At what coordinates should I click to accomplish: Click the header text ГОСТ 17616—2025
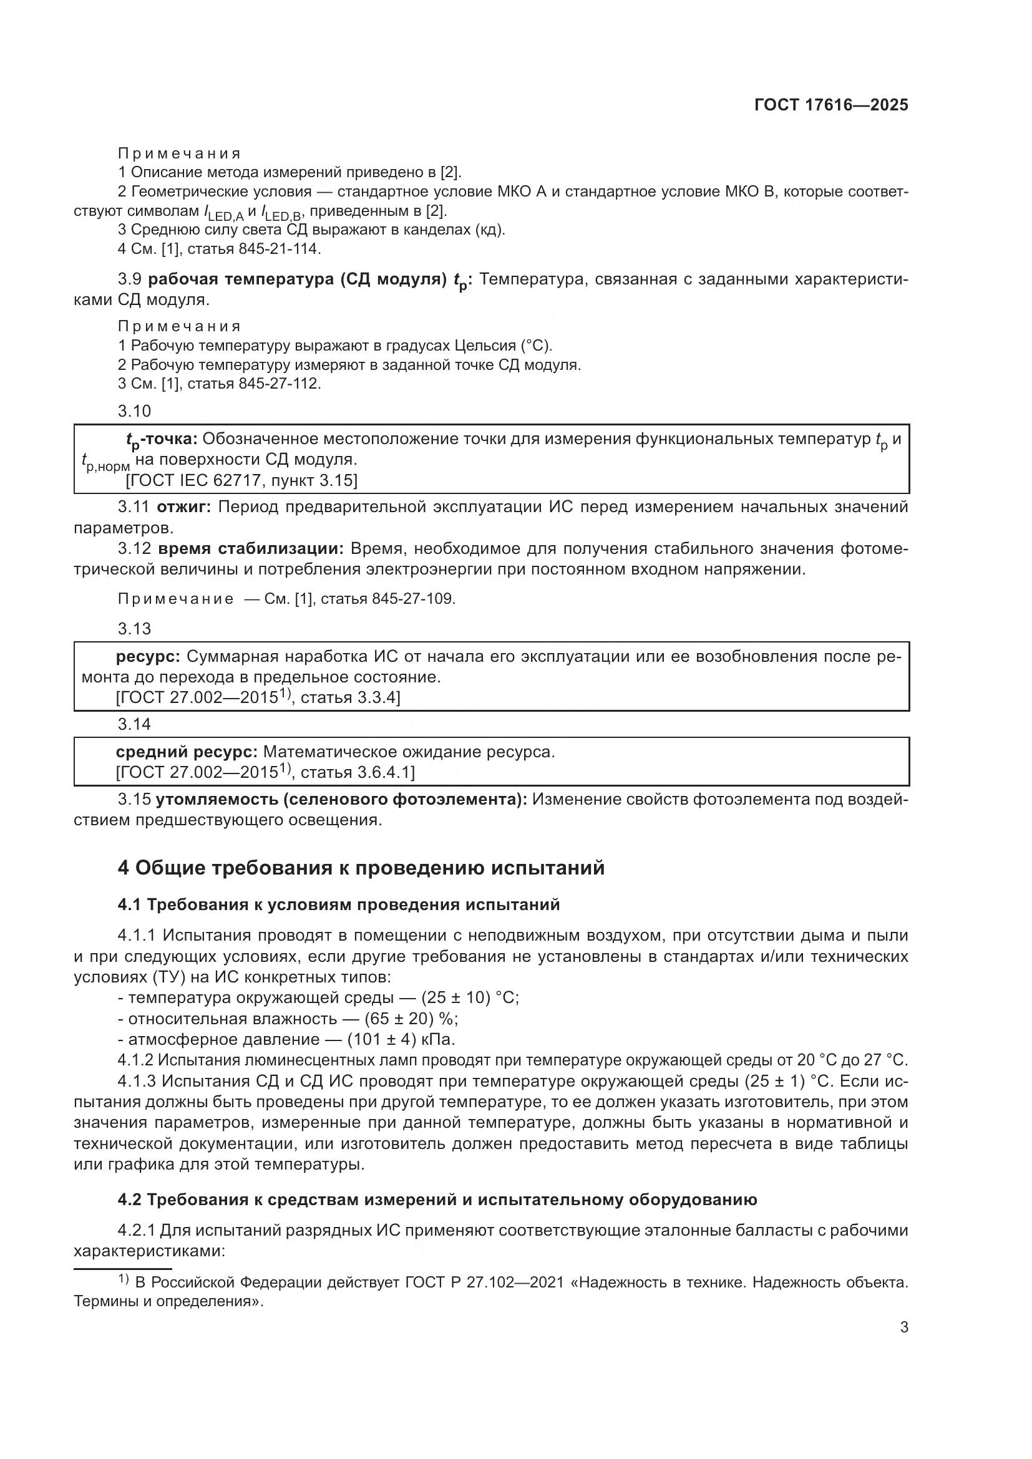click(x=830, y=105)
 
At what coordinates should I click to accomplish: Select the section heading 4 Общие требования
click(x=361, y=868)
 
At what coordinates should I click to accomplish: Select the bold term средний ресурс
click(x=186, y=752)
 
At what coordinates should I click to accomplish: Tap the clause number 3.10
click(x=134, y=411)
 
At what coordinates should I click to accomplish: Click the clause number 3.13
click(x=134, y=629)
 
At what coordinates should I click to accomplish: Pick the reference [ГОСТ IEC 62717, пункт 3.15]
click(x=241, y=480)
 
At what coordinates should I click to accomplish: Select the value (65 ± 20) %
click(x=411, y=1019)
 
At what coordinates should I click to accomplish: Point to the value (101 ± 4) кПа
click(x=401, y=1040)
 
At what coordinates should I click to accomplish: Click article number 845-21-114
click(x=280, y=249)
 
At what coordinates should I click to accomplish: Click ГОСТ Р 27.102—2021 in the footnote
click(x=484, y=1282)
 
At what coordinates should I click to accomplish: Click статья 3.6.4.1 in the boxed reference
click(x=357, y=772)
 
